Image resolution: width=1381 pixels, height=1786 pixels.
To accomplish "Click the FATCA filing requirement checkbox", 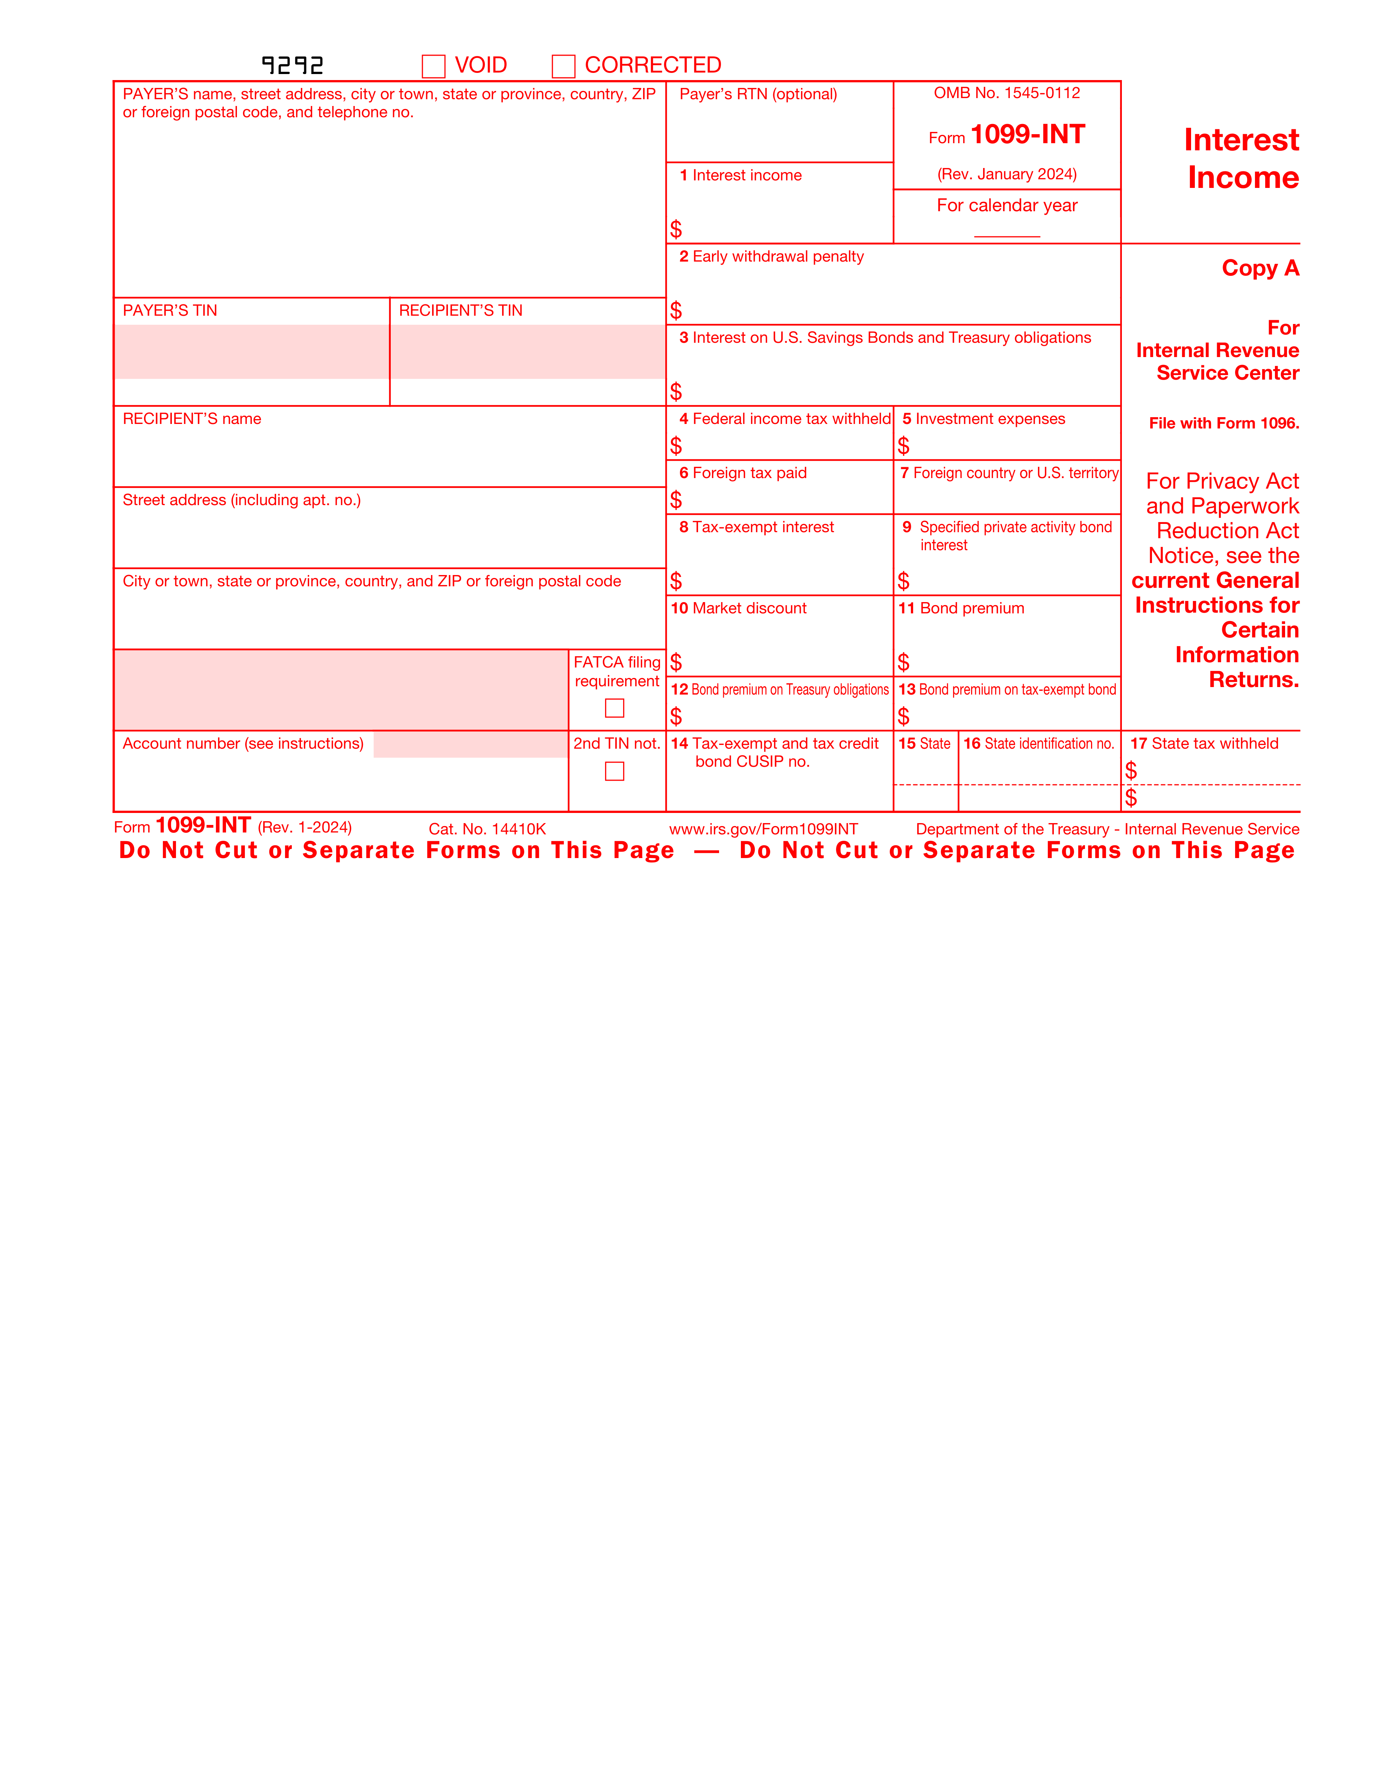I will tap(615, 708).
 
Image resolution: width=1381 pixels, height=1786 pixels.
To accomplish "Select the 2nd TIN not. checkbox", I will tap(615, 771).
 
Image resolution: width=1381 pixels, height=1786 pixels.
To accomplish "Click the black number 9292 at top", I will tap(292, 65).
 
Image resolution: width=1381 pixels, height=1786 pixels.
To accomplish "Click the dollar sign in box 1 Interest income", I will tap(676, 229).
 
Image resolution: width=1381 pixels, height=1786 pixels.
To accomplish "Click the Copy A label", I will tap(1260, 268).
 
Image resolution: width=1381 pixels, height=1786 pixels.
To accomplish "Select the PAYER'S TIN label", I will tap(170, 311).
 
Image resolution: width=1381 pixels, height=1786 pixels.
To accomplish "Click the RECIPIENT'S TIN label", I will tap(461, 311).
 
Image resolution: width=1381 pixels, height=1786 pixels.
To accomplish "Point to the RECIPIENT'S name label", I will tap(192, 419).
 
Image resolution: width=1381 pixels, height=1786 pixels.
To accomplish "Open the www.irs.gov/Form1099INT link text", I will tap(763, 829).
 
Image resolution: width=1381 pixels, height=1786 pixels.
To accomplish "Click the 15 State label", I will tap(924, 743).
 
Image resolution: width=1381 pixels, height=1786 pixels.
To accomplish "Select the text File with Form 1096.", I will tap(1224, 424).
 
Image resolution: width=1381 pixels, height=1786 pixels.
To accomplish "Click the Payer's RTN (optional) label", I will tap(759, 94).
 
